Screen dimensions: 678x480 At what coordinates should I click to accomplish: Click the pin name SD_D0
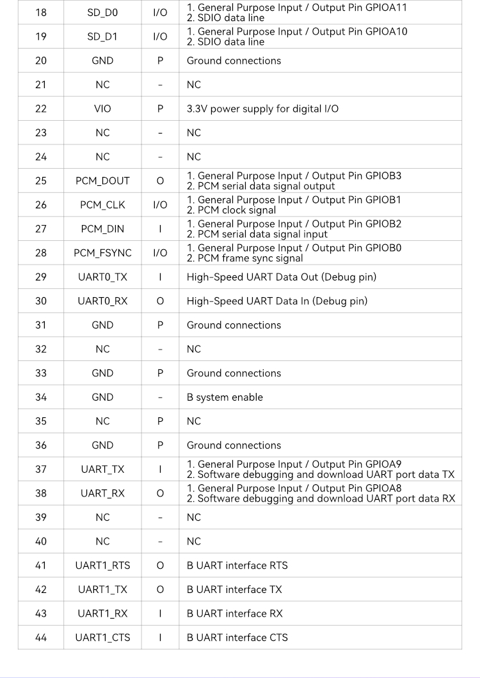point(102,13)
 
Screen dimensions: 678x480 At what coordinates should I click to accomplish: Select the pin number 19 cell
point(41,36)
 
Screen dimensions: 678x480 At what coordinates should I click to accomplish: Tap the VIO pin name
point(102,109)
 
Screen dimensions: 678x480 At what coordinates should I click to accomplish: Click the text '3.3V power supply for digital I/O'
point(262,109)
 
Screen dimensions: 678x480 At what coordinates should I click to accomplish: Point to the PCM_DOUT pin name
point(102,181)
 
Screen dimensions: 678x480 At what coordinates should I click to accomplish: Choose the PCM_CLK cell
point(102,205)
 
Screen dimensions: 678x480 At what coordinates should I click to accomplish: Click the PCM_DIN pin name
point(102,229)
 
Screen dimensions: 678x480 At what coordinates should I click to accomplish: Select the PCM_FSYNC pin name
point(102,253)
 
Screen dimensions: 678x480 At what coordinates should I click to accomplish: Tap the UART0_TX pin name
point(102,277)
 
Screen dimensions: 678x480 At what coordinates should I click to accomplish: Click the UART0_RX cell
point(102,301)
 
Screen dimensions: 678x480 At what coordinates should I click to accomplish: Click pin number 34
point(41,397)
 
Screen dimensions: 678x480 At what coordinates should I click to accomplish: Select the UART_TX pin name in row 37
point(102,469)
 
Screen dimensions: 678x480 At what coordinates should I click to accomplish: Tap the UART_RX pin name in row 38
point(102,493)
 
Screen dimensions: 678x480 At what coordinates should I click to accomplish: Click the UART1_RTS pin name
point(102,566)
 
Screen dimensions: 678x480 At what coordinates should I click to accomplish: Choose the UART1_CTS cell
point(102,638)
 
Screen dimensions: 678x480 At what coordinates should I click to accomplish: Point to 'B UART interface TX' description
point(234,589)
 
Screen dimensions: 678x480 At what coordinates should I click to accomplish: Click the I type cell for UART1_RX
point(160,613)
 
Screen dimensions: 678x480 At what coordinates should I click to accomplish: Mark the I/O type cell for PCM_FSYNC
point(160,253)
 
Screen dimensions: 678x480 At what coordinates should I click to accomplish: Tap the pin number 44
point(41,638)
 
